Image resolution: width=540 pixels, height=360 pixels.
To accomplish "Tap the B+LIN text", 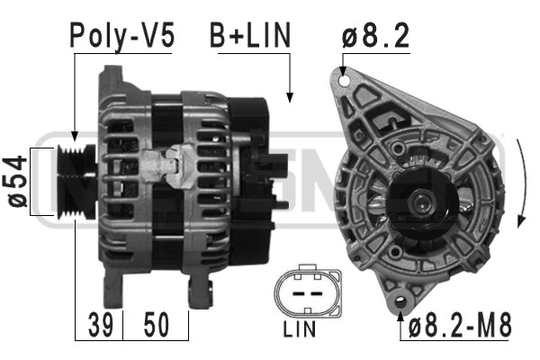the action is (250, 35).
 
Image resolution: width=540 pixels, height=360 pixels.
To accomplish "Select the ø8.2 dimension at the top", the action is (375, 35).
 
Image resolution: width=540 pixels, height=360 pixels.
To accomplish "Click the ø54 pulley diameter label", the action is (17, 182).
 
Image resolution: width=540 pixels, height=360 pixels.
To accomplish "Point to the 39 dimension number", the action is (101, 325).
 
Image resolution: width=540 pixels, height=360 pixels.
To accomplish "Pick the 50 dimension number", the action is (157, 325).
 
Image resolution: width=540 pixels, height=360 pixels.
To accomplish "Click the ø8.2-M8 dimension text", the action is (460, 325).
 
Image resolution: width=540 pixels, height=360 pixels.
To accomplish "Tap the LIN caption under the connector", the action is (300, 329).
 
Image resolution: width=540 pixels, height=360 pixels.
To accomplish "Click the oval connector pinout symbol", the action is (308, 291).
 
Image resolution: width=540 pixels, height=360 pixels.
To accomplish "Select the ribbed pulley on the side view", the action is (76, 182).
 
